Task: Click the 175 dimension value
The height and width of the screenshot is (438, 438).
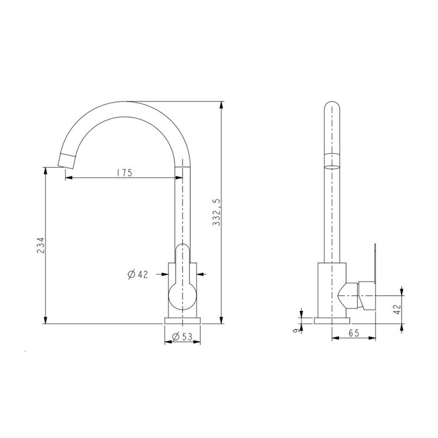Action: pyautogui.click(x=123, y=173)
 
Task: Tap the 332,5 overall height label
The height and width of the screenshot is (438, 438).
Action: pyautogui.click(x=216, y=213)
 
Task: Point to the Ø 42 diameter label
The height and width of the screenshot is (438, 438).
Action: pyautogui.click(x=138, y=274)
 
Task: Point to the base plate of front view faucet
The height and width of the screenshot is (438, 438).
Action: pyautogui.click(x=182, y=321)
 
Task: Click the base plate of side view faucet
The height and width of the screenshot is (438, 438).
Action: pyautogui.click(x=332, y=321)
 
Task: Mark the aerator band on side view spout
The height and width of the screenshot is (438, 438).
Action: pyautogui.click(x=332, y=160)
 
